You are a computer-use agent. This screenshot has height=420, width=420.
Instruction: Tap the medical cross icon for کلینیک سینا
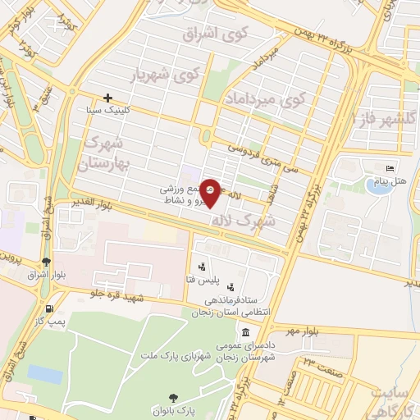[x=107, y=98]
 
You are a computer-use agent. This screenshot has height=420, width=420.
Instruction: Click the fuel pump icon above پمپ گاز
[x=51, y=309]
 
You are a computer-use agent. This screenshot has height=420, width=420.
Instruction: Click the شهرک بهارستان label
[x=106, y=152]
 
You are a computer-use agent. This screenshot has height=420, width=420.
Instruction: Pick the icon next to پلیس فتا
[x=202, y=267]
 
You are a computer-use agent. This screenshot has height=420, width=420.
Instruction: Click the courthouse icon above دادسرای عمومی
[x=246, y=332]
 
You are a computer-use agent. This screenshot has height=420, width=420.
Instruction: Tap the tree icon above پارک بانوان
[x=161, y=394]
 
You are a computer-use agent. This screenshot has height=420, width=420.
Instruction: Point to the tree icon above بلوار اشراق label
[x=45, y=263]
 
